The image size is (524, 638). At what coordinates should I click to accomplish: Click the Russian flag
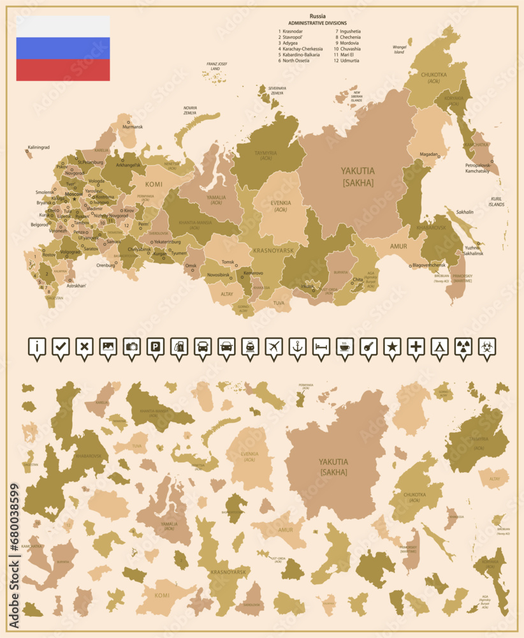click(62, 48)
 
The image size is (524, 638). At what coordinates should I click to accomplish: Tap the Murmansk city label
click(133, 127)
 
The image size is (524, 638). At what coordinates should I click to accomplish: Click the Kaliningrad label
click(38, 147)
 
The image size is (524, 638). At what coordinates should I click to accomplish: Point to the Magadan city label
click(428, 154)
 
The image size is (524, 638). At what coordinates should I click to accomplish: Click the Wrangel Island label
click(399, 49)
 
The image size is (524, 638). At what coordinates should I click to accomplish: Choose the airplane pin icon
click(273, 346)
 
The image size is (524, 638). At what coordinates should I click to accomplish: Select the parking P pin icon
click(154, 346)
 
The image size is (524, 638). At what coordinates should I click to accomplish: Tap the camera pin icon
click(131, 346)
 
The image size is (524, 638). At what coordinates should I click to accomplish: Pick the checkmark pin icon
click(60, 346)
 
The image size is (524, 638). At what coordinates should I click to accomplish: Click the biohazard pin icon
click(486, 346)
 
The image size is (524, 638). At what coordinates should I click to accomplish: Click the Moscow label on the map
click(74, 194)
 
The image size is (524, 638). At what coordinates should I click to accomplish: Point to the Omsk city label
click(191, 265)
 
